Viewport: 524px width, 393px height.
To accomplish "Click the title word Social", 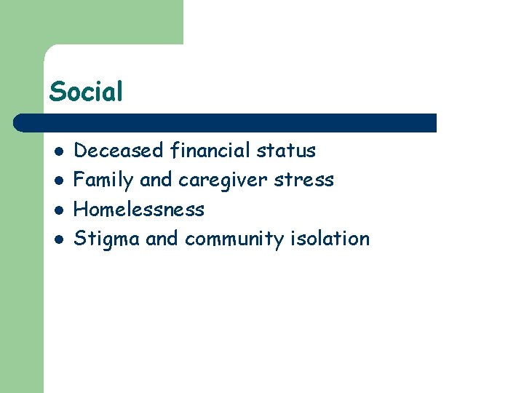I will pyautogui.click(x=86, y=92).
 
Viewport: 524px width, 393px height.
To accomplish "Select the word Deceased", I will pyautogui.click(x=119, y=151).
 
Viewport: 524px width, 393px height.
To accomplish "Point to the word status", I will pyautogui.click(x=286, y=151).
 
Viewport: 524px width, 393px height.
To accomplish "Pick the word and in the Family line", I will pyautogui.click(x=155, y=180).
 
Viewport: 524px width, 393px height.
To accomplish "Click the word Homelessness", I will pyautogui.click(x=140, y=210).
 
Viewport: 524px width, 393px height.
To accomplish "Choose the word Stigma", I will pyautogui.click(x=107, y=239).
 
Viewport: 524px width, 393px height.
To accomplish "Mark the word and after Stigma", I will pyautogui.click(x=162, y=239).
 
